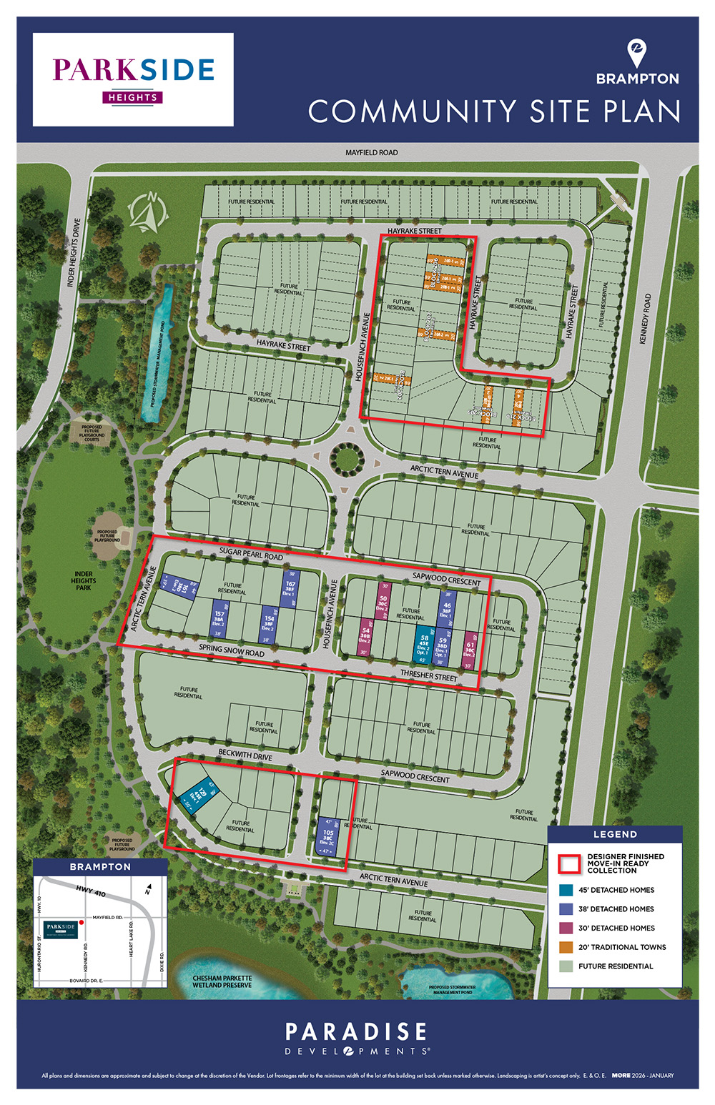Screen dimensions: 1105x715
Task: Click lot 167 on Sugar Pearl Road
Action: [290, 589]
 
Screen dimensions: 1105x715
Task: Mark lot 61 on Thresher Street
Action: [470, 649]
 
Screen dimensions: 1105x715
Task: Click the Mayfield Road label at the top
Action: [371, 152]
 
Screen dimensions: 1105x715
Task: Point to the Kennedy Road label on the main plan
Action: [645, 319]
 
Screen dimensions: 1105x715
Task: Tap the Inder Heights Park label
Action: [84, 580]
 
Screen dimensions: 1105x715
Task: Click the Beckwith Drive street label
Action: [245, 754]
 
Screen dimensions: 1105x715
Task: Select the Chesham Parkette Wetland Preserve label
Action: [222, 981]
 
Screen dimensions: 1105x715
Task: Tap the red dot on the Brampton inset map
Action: [82, 923]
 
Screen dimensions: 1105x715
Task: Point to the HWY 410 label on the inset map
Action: [90, 891]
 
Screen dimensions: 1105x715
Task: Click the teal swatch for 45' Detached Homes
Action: [566, 890]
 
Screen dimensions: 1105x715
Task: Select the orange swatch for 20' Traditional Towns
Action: [566, 947]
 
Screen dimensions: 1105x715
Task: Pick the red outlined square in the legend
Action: [569, 863]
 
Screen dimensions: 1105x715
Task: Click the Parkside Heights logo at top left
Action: [133, 79]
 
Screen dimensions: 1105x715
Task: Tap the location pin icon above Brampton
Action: [636, 53]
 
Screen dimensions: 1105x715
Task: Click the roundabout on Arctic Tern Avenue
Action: [347, 457]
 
